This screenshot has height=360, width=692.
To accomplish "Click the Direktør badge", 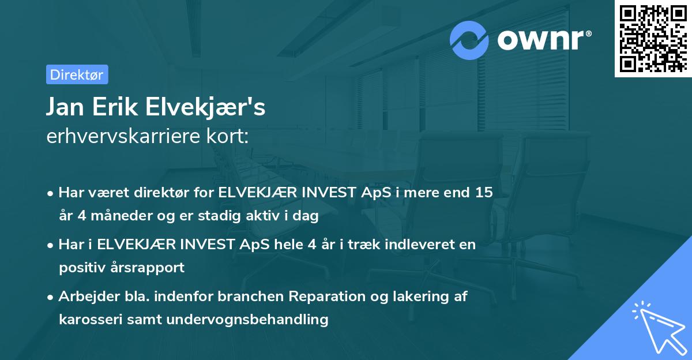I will click(77, 74).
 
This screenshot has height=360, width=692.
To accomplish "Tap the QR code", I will click(653, 39).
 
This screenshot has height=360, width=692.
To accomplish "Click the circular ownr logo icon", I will click(469, 40).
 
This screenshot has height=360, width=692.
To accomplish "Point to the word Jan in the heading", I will click(64, 107).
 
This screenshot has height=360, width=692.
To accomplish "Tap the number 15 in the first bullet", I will click(484, 193).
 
